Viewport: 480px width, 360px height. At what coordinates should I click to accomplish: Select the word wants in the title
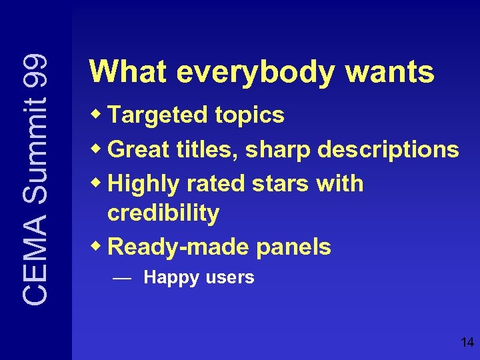point(390,73)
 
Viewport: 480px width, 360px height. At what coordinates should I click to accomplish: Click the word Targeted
point(158,116)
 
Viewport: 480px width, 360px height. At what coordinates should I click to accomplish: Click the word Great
point(138,149)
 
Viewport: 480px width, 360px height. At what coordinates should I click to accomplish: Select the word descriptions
point(388,150)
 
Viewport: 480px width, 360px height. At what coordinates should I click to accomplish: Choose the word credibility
point(163,213)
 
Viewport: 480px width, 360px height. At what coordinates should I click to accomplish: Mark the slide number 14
point(467,343)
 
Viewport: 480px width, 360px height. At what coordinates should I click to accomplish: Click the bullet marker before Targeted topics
point(97,114)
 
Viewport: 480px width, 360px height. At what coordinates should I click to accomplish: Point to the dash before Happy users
point(121,279)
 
